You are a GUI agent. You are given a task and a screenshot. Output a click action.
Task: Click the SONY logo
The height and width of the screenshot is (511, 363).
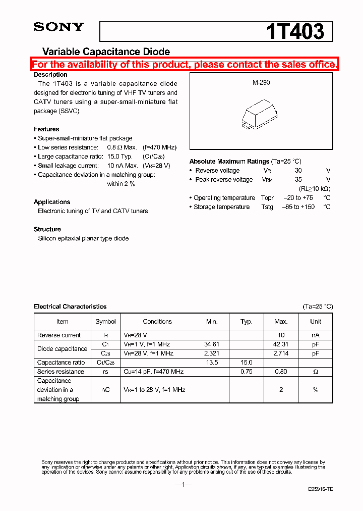(58, 27)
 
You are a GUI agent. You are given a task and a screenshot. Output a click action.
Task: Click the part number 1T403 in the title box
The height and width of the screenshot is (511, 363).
(295, 31)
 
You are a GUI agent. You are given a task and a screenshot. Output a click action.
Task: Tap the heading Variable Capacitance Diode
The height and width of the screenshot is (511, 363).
(106, 52)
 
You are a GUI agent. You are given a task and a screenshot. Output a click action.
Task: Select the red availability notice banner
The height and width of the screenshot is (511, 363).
(185, 64)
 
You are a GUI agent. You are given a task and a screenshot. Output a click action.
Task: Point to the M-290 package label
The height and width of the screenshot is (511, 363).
(261, 82)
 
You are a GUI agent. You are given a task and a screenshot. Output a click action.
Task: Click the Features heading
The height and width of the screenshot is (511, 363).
(46, 129)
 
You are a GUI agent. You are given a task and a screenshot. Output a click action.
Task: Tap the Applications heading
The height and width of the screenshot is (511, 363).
(52, 202)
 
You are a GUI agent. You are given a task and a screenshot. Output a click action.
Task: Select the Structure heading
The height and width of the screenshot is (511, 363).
(47, 229)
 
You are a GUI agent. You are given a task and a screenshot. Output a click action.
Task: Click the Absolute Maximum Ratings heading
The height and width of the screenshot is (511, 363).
(229, 162)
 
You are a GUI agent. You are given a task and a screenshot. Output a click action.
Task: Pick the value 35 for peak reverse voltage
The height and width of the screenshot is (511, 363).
(298, 180)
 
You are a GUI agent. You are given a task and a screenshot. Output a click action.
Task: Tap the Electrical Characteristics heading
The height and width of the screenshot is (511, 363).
(70, 306)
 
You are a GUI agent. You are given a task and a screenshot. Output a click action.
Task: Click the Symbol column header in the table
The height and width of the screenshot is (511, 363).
(105, 322)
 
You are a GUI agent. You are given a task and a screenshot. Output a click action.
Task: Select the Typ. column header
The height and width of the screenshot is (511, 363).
(247, 322)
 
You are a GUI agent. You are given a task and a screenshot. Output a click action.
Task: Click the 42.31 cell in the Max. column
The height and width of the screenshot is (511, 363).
(281, 344)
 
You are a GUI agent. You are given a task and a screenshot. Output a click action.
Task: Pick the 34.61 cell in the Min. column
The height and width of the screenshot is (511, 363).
(212, 344)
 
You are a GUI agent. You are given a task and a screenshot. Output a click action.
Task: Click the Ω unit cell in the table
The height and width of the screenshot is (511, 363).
(316, 372)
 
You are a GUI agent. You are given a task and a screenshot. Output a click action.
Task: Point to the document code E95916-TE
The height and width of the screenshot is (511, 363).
(321, 490)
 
